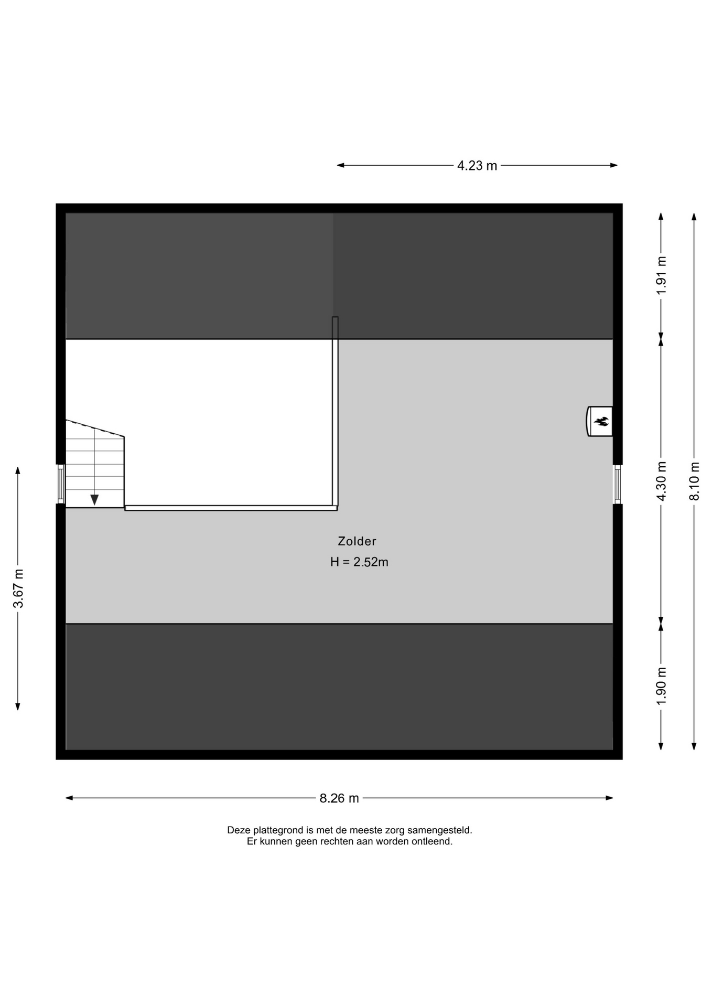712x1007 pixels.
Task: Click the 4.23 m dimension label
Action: [477, 166]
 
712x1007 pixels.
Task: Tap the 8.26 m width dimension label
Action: [339, 798]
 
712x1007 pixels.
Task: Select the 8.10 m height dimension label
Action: [695, 481]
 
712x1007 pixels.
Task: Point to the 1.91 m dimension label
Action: [661, 276]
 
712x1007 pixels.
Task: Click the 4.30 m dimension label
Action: [661, 481]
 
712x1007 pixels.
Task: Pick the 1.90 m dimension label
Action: [661, 687]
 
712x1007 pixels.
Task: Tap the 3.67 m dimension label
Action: [18, 588]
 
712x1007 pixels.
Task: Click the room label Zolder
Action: [357, 541]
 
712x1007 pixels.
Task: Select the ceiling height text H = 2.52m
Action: [359, 562]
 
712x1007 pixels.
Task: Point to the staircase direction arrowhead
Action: [94, 500]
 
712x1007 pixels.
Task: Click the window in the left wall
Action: [61, 484]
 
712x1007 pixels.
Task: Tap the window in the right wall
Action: [618, 484]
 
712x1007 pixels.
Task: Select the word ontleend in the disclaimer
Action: [433, 842]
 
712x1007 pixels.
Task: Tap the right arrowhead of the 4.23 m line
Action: [614, 165]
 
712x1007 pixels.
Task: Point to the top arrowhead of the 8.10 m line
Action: [694, 217]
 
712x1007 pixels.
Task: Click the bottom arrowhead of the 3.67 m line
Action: [18, 706]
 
